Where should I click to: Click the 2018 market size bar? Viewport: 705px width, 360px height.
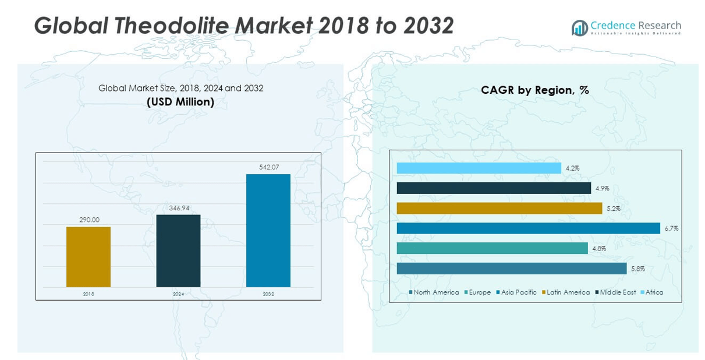click(x=88, y=256)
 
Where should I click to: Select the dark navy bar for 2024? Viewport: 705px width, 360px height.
click(x=178, y=250)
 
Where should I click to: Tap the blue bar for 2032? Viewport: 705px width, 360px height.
click(x=268, y=230)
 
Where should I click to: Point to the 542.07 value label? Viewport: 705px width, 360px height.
click(x=268, y=167)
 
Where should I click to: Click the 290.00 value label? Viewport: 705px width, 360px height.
click(x=89, y=220)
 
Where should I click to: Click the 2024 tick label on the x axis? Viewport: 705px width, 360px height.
click(x=178, y=294)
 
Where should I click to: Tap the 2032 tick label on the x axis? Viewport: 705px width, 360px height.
click(x=268, y=294)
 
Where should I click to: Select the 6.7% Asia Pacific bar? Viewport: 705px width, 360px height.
click(x=528, y=228)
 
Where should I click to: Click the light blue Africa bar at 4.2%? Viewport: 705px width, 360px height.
click(x=479, y=168)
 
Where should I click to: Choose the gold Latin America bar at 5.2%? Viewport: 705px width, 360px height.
click(x=499, y=208)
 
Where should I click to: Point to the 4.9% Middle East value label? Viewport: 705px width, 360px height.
click(x=601, y=188)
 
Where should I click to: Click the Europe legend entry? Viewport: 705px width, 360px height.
click(x=477, y=292)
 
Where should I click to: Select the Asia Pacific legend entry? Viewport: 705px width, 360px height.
click(x=516, y=292)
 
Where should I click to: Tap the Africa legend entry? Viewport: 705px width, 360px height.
click(x=652, y=292)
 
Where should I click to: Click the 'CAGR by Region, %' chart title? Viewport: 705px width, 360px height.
click(x=535, y=90)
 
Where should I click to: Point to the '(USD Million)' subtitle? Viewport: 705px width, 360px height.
click(x=180, y=102)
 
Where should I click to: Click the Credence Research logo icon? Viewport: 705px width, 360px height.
click(x=579, y=28)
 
